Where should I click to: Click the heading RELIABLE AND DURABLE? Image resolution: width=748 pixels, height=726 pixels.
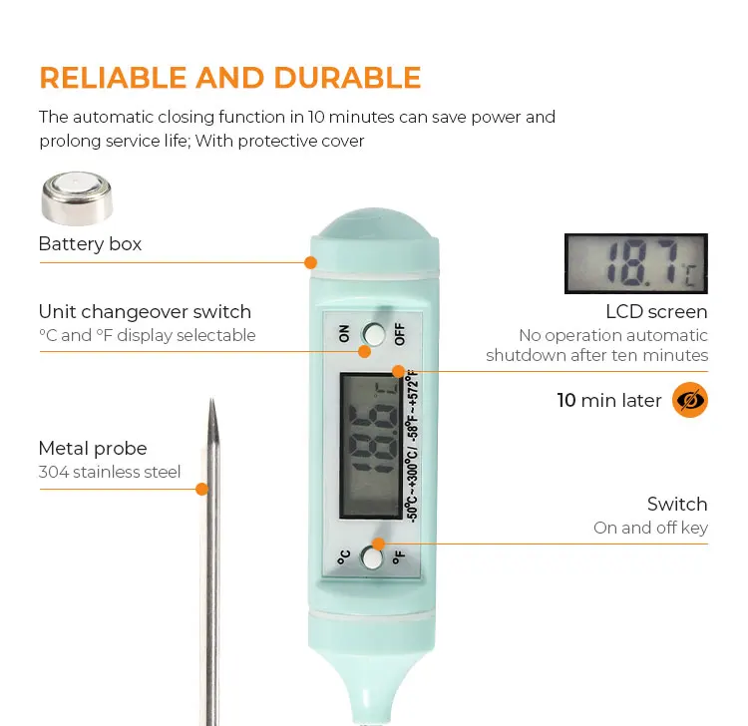(x=229, y=78)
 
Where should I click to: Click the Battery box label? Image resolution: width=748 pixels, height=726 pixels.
(x=90, y=244)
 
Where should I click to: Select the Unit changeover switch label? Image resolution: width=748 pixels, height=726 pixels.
(x=145, y=312)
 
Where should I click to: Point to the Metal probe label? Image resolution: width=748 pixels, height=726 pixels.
(x=93, y=449)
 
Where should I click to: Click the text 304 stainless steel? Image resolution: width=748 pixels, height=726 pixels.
(x=110, y=472)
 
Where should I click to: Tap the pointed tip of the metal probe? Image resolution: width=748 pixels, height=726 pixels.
(x=211, y=405)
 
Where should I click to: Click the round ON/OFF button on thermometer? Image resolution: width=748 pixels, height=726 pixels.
(x=374, y=333)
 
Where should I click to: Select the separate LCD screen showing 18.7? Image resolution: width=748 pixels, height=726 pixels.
(x=635, y=264)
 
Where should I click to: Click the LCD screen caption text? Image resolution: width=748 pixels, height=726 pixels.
(x=656, y=312)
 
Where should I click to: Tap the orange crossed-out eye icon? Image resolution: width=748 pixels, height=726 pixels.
(x=689, y=400)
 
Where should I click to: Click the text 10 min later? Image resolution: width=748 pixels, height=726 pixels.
(x=609, y=401)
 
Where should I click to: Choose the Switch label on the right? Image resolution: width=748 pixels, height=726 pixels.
(x=677, y=504)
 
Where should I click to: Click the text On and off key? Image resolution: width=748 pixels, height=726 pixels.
(x=650, y=528)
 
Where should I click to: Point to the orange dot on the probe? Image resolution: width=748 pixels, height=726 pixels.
(x=201, y=489)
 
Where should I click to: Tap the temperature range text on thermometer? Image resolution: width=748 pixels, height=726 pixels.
(x=412, y=445)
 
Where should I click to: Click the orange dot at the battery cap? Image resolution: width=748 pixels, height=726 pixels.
(x=310, y=263)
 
